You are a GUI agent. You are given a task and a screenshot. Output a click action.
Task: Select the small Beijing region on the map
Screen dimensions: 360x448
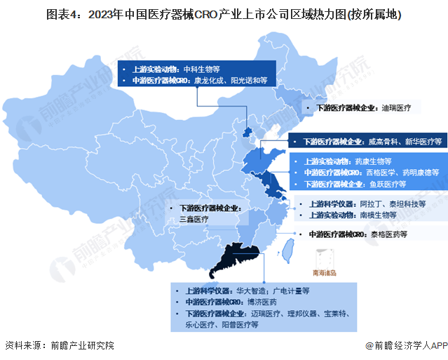pyautogui.click(x=246, y=132)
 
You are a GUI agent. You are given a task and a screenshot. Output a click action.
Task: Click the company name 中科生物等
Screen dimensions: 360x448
pyautogui.click(x=202, y=69)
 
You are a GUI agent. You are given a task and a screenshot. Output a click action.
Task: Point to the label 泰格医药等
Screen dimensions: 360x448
pyautogui.click(x=388, y=234)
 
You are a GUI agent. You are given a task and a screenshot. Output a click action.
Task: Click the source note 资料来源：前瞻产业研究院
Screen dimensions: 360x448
pyautogui.click(x=59, y=345)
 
